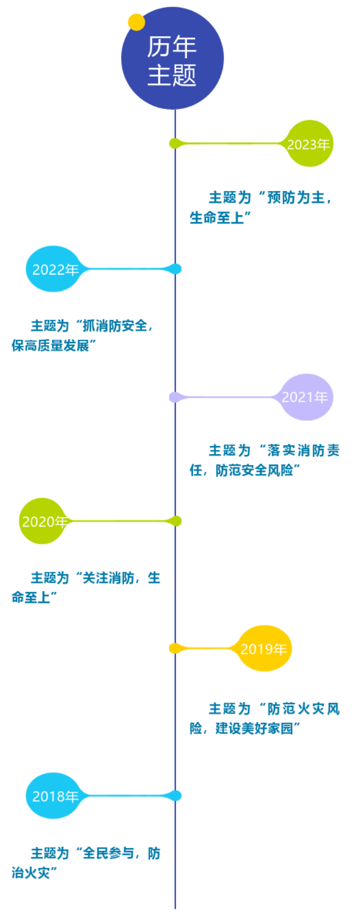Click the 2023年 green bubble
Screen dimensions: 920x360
(x=309, y=144)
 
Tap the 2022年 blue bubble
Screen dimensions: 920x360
(x=54, y=269)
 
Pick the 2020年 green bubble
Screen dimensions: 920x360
(x=43, y=521)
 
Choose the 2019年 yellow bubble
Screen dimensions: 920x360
(x=264, y=649)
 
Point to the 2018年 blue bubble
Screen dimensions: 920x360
(x=54, y=796)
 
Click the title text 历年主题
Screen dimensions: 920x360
(x=172, y=60)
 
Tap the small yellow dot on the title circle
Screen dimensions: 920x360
(x=136, y=22)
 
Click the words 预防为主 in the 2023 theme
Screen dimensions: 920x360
(x=296, y=197)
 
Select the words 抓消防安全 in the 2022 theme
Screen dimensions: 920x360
(x=115, y=325)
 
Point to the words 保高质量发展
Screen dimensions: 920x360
(x=50, y=346)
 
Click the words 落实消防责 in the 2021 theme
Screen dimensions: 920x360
(x=303, y=450)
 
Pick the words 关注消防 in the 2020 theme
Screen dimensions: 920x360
(x=108, y=578)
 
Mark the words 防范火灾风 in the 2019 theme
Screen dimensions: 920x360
(x=303, y=708)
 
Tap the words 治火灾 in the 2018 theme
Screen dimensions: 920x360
(x=31, y=873)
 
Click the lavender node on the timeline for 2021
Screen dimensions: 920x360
(x=174, y=397)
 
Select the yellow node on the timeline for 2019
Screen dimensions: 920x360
(x=174, y=649)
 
